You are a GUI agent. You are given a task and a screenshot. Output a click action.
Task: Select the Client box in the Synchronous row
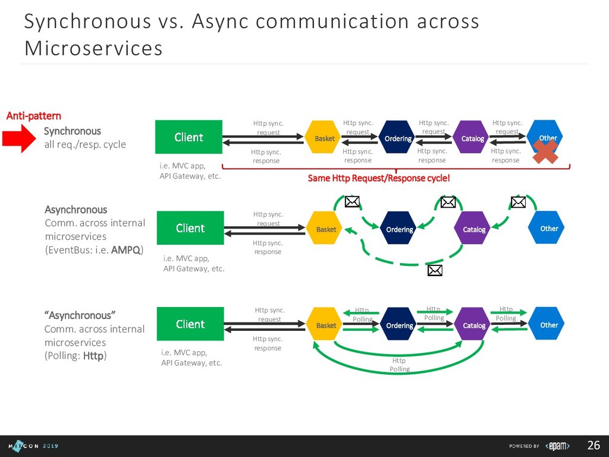point(189,137)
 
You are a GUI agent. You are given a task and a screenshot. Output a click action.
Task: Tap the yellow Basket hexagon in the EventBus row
point(326,229)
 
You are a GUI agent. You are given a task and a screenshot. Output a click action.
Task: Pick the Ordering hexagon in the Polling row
point(399,325)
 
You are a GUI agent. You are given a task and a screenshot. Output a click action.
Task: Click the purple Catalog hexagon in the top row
point(473,139)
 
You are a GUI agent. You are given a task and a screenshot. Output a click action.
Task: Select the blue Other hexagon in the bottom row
point(548,325)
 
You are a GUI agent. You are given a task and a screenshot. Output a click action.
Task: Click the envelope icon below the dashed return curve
point(435,271)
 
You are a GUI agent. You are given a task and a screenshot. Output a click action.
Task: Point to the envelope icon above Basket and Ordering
point(353,202)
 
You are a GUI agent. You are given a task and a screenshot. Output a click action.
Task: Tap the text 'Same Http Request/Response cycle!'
point(379,179)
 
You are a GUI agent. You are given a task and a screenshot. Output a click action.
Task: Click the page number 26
point(594,446)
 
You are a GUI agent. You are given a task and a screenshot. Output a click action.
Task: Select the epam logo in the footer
point(558,446)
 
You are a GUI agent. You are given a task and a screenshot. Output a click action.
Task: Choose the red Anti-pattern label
point(34,115)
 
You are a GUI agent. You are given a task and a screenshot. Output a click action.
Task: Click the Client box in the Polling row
point(190,324)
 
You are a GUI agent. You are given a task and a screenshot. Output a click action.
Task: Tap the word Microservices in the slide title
point(93,48)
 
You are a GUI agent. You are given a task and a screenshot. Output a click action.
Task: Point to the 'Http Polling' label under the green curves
point(399,365)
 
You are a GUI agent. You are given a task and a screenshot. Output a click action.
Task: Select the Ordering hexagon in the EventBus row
point(399,229)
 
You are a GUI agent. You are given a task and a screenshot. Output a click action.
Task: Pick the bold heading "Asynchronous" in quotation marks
point(78,315)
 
